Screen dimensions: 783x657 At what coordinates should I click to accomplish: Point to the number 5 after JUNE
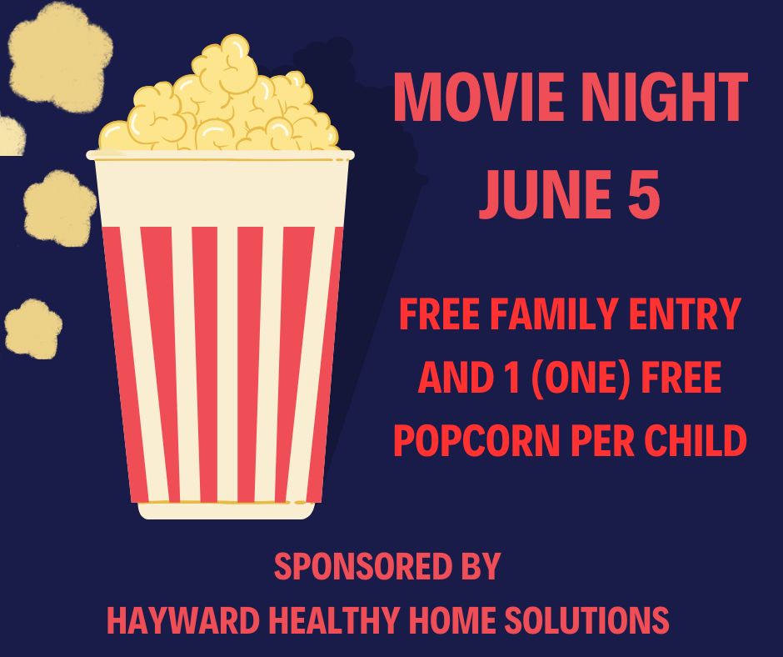[x=644, y=194]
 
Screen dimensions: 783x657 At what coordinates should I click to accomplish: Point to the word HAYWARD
[x=182, y=620]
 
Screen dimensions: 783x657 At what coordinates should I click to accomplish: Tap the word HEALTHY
[x=334, y=620]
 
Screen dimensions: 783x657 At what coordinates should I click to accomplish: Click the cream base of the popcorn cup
[x=227, y=510]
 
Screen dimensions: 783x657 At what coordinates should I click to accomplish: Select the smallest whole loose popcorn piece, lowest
[x=33, y=329]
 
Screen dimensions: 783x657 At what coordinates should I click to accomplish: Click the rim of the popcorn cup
[x=220, y=155]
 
